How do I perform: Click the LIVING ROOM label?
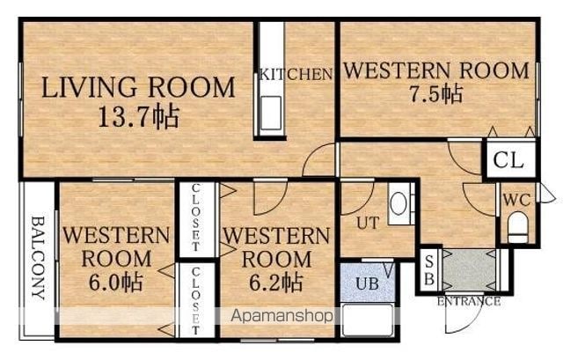point(139,87)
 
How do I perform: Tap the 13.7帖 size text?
point(139,117)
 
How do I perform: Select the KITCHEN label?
point(296,74)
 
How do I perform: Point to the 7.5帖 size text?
point(436,94)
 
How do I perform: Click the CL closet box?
point(509,159)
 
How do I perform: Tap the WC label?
point(516,200)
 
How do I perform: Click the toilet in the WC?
point(518,227)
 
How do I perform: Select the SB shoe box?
point(429,270)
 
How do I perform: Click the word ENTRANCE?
point(469,301)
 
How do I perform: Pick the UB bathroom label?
point(368,283)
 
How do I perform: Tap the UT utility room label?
point(368,223)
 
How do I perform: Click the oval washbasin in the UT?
point(398,203)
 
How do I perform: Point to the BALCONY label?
point(39,258)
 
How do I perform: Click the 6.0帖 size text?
point(116,283)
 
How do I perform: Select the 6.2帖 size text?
point(275,283)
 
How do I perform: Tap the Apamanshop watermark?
point(281,316)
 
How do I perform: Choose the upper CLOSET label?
point(195,217)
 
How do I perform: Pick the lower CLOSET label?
point(195,301)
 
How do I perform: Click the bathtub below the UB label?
point(368,320)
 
